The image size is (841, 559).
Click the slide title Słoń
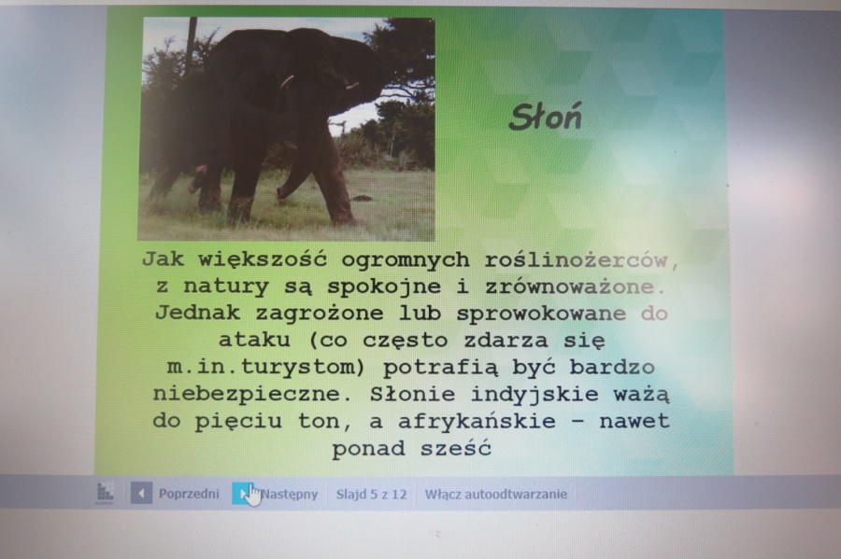tap(545, 118)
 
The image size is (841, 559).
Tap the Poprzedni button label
tap(189, 493)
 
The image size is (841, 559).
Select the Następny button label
tap(290, 494)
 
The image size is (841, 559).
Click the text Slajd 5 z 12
tap(371, 494)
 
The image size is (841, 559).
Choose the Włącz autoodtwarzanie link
tap(496, 494)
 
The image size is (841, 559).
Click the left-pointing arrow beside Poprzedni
tap(141, 493)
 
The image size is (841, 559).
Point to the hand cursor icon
tap(253, 495)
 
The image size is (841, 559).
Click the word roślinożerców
tap(582, 260)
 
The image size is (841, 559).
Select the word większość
tap(263, 260)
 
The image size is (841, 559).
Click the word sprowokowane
tap(541, 314)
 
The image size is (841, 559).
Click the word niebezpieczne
tap(252, 394)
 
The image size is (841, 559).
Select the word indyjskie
tap(535, 394)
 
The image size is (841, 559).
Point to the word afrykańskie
tap(477, 421)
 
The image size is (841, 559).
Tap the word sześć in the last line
tap(455, 448)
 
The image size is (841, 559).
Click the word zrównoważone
tap(575, 287)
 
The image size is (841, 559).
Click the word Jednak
tap(197, 313)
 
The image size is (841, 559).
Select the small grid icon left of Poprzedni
tap(105, 493)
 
